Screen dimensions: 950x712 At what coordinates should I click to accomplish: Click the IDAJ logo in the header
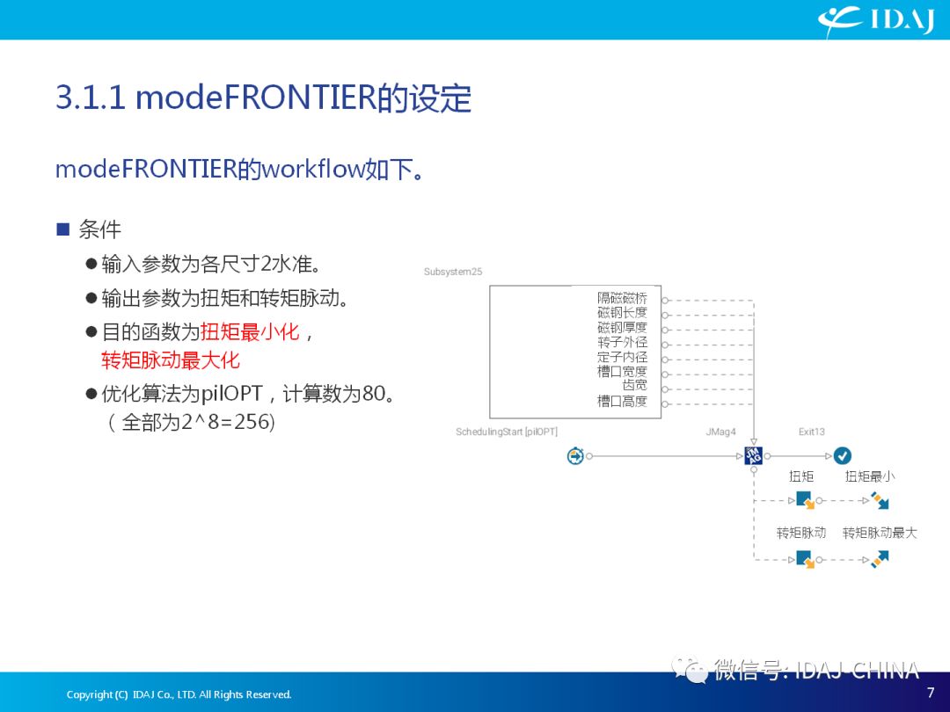(876, 20)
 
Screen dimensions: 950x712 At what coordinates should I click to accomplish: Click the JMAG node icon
(753, 455)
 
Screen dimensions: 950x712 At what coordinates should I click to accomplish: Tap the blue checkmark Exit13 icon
(842, 455)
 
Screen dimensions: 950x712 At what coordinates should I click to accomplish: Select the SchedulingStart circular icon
(575, 456)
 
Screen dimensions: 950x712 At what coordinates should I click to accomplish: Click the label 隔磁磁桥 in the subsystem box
(622, 298)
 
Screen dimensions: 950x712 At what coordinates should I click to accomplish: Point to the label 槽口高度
(622, 401)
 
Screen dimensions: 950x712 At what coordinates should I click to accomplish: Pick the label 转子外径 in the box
(622, 342)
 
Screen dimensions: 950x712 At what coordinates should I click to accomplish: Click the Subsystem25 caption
(453, 272)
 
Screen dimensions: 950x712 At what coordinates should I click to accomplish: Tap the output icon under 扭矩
(805, 500)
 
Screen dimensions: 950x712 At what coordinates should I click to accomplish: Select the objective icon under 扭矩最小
(879, 500)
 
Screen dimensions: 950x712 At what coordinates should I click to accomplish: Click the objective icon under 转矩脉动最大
(879, 559)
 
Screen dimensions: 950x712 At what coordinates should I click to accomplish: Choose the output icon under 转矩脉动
(805, 559)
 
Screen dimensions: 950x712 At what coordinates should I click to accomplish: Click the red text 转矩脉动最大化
(171, 360)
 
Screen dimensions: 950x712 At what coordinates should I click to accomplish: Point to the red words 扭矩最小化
(250, 331)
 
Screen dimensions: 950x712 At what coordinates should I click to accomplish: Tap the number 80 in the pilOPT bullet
(373, 394)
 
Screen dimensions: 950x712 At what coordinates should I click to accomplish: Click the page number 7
(931, 692)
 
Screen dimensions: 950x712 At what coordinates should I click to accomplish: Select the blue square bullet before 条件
(63, 229)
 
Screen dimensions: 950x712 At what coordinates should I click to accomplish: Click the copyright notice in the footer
(179, 694)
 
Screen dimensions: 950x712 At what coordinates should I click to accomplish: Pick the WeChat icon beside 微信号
(690, 669)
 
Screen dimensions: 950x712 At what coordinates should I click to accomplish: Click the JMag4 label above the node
(720, 432)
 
